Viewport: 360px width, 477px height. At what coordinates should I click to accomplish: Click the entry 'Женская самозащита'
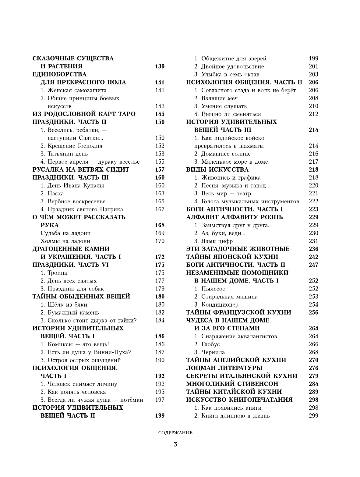tap(77, 90)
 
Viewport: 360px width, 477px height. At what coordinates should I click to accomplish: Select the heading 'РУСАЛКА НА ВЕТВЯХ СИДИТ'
tap(81, 169)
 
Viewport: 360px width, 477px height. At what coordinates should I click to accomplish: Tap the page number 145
tap(159, 114)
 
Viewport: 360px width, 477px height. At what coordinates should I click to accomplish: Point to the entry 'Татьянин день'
tap(68, 154)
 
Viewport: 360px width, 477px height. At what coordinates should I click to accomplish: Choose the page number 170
tap(160, 241)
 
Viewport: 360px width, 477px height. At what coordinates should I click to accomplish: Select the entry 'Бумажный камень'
tap(73, 312)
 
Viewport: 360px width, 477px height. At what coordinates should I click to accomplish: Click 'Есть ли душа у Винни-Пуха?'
tap(89, 352)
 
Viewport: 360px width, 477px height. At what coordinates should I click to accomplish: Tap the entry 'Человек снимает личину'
tap(82, 384)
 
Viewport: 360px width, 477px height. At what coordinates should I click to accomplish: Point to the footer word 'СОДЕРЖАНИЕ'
tap(175, 433)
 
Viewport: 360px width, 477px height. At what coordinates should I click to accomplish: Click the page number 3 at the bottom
tap(175, 444)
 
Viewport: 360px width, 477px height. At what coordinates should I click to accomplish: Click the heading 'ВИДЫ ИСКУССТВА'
tap(217, 169)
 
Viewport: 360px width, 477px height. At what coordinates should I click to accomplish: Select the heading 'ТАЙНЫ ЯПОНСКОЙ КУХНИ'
tap(232, 257)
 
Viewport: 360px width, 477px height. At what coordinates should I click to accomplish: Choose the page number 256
tap(313, 312)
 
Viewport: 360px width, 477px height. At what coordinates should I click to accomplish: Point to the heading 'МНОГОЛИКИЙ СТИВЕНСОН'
tap(232, 384)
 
